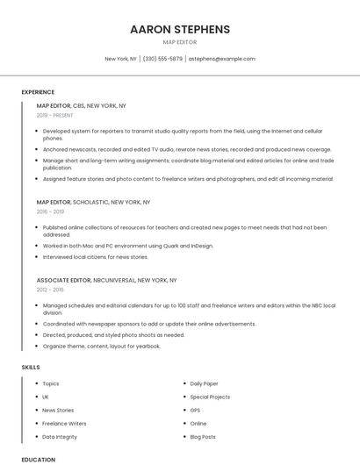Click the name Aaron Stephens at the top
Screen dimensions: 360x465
pos(180,29)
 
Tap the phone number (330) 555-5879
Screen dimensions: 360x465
pos(162,59)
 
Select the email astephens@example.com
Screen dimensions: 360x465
pos(222,59)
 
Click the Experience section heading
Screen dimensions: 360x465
pos(38,92)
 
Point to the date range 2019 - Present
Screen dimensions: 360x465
pos(55,115)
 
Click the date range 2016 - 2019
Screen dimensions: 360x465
pos(50,211)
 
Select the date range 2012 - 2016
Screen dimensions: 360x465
pos(50,290)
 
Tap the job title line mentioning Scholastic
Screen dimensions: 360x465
pos(93,202)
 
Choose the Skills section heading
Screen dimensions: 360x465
pos(31,367)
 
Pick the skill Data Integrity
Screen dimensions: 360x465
pos(60,436)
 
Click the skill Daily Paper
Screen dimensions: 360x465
pos(205,383)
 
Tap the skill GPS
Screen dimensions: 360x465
pos(196,410)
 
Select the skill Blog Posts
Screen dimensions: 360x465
pos(203,436)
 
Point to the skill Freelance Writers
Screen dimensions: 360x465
pos(64,423)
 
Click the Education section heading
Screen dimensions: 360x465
pos(39,459)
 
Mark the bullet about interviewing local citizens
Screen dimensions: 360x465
pos(96,257)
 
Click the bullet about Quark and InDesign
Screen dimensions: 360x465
pos(128,246)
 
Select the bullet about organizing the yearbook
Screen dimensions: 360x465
pos(102,346)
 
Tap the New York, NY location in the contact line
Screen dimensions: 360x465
pos(121,59)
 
